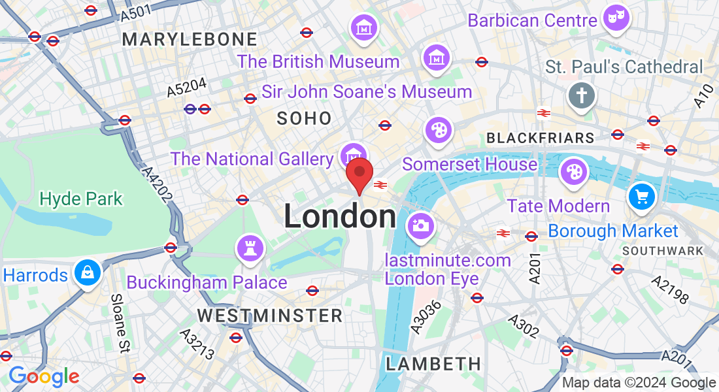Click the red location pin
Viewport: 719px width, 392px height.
point(359,174)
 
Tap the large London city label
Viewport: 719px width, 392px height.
point(339,217)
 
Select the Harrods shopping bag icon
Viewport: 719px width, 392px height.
point(87,272)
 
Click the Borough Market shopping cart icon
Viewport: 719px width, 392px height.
point(641,196)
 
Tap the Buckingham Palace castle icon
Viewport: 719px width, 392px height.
point(250,248)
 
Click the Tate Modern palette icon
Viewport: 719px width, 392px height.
point(573,172)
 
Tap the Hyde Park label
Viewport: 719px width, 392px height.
point(81,199)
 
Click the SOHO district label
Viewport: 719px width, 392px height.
point(304,118)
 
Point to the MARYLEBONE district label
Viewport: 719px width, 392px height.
point(190,39)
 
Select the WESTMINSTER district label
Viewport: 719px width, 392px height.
point(270,316)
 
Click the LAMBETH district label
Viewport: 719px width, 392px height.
point(433,364)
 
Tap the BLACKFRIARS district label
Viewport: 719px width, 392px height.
point(541,138)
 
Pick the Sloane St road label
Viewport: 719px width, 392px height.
point(119,321)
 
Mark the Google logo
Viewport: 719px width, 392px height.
point(43,376)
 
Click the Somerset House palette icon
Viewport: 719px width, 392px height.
point(437,130)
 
